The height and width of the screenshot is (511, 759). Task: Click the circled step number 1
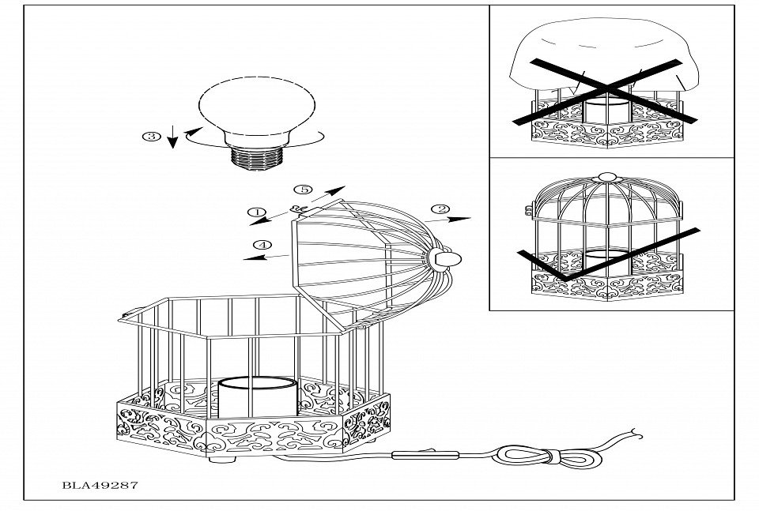256,212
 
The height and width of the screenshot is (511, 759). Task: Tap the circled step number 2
440,210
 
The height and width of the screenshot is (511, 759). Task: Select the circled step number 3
148,136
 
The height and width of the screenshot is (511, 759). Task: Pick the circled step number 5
300,189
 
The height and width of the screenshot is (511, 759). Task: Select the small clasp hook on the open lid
300,209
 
